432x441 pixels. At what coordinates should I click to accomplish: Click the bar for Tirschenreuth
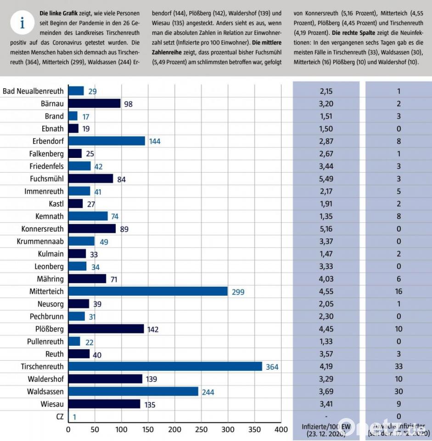tap(165, 367)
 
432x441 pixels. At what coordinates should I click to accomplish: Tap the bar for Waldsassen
tap(133, 392)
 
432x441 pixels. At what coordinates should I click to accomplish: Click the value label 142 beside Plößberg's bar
tap(153, 329)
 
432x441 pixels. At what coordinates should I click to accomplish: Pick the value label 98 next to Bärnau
tap(128, 104)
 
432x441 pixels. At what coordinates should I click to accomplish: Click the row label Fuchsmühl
tap(46, 179)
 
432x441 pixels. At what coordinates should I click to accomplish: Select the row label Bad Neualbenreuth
tap(33, 91)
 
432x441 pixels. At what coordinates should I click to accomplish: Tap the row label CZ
tap(58, 417)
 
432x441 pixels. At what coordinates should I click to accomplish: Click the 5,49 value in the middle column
tap(326, 179)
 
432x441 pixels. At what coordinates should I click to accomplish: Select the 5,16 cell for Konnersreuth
tap(326, 229)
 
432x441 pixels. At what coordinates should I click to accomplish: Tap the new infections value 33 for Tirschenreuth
tap(398, 367)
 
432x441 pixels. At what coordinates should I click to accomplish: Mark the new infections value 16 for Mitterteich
tap(398, 291)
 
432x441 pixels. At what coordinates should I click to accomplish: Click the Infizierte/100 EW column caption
tap(326, 430)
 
